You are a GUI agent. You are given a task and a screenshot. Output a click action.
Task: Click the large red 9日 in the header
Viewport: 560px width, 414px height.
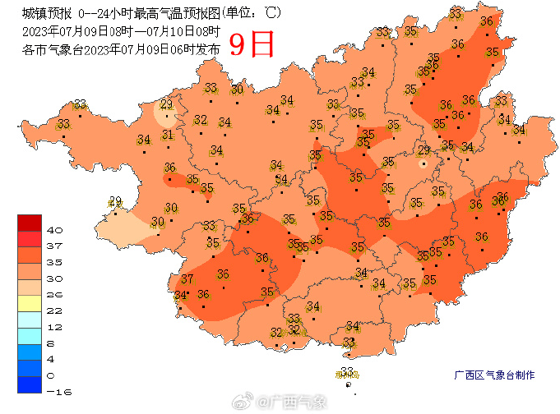(251, 44)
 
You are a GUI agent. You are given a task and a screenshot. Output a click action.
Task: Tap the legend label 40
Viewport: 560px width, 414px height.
(55, 229)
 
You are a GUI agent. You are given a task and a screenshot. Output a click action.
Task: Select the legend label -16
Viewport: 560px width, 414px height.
(58, 392)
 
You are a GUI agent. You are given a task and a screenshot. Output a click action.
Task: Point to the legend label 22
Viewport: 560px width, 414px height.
(55, 310)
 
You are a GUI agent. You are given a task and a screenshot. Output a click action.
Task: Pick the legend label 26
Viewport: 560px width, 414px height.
(55, 293)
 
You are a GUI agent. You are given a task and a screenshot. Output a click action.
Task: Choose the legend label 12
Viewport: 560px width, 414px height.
(55, 326)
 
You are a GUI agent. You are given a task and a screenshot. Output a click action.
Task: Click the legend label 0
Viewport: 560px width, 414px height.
(52, 375)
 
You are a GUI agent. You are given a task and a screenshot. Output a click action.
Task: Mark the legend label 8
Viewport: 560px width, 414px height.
(52, 343)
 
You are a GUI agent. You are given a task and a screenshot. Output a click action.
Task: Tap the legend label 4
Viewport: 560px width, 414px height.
(52, 359)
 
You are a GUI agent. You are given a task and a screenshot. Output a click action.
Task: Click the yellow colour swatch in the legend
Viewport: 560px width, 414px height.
(29, 301)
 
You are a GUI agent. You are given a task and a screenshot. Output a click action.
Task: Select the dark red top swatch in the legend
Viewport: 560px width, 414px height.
(29, 222)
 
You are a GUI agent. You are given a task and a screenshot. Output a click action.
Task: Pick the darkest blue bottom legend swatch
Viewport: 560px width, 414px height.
(29, 384)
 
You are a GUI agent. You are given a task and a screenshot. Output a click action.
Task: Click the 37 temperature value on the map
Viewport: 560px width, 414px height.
(187, 279)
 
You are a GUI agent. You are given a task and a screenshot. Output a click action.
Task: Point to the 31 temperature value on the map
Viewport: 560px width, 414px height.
(168, 135)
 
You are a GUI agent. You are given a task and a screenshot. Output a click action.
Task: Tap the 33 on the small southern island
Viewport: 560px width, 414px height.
(347, 372)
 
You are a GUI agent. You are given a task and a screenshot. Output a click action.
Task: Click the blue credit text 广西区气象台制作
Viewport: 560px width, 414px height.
(494, 375)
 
